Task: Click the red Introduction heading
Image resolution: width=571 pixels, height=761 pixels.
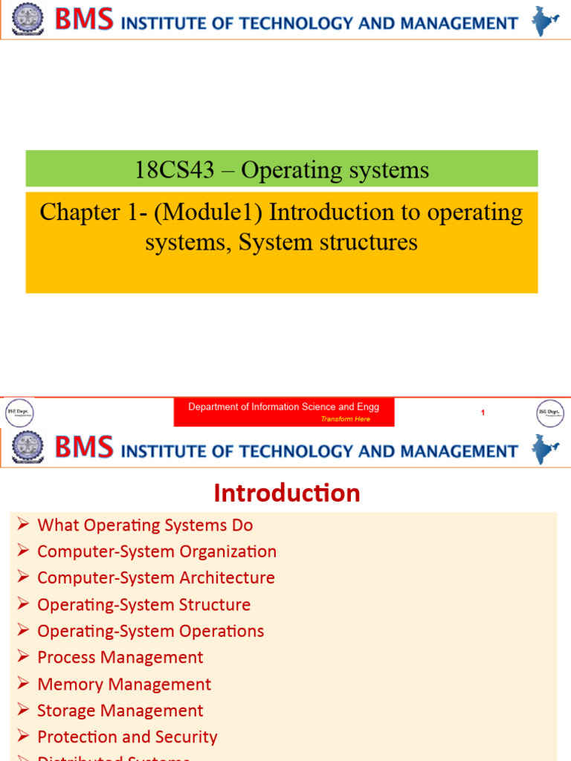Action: [x=287, y=493]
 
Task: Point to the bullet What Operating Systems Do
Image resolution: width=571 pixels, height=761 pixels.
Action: [x=145, y=525]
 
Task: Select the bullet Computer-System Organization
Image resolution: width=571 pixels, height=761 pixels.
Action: [x=157, y=551]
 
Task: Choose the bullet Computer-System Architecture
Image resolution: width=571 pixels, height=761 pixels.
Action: [x=156, y=577]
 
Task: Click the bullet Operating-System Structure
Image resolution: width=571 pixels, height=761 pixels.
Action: [x=144, y=605]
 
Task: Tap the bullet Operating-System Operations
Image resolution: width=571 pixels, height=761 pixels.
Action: [x=151, y=631]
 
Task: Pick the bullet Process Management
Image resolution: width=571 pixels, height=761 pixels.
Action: [x=120, y=658]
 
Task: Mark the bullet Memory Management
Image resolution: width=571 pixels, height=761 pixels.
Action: [x=124, y=684]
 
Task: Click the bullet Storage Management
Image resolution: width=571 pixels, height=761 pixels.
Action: [x=120, y=710]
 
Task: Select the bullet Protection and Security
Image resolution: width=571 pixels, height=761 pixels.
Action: [x=127, y=737]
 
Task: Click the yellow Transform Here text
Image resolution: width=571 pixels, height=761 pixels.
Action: [x=345, y=419]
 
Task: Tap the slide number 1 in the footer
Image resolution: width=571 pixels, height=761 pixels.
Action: [x=483, y=412]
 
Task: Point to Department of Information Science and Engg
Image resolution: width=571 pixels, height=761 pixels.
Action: [x=283, y=407]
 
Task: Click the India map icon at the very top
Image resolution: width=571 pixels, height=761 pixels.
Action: [x=545, y=21]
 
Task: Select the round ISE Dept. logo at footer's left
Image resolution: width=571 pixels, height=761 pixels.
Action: [x=20, y=412]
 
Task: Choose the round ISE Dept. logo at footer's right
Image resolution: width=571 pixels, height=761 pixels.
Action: [x=551, y=412]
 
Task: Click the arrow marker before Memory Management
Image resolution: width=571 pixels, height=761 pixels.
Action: [x=23, y=684]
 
